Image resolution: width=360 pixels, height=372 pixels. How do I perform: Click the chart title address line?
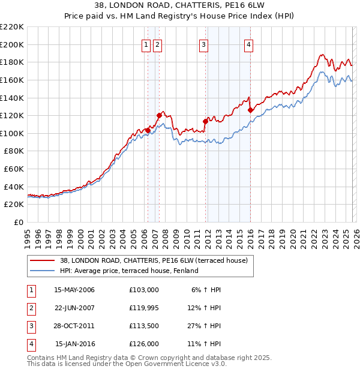tap(179, 5)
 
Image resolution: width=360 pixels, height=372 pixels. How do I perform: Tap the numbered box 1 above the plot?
tap(146, 44)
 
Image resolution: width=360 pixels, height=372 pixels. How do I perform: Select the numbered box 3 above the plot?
tap(203, 44)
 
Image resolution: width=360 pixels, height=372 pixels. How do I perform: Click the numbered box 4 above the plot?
tap(248, 44)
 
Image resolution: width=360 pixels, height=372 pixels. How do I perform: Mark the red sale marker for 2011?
tap(205, 121)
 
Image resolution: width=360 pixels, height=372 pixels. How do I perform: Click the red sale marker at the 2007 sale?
tap(159, 115)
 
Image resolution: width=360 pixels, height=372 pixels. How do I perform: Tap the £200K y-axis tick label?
tap(12, 44)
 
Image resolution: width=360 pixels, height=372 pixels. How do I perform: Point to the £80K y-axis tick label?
tap(14, 151)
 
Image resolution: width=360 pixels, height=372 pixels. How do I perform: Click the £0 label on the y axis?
tap(18, 222)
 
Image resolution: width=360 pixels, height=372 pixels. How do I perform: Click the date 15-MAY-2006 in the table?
tap(74, 290)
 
